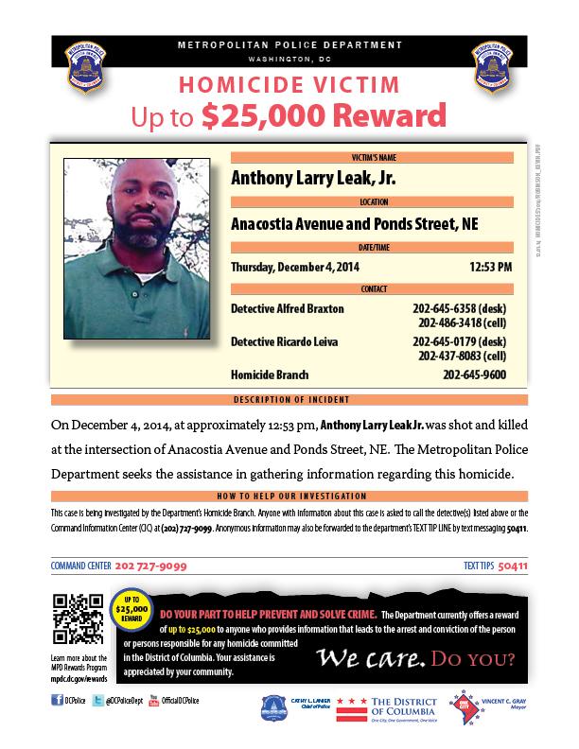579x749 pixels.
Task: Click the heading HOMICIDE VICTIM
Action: (289, 84)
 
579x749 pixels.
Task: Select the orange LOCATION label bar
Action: (372, 201)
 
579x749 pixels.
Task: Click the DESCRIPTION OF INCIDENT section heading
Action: (289, 399)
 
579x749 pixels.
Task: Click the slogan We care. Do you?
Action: (415, 656)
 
